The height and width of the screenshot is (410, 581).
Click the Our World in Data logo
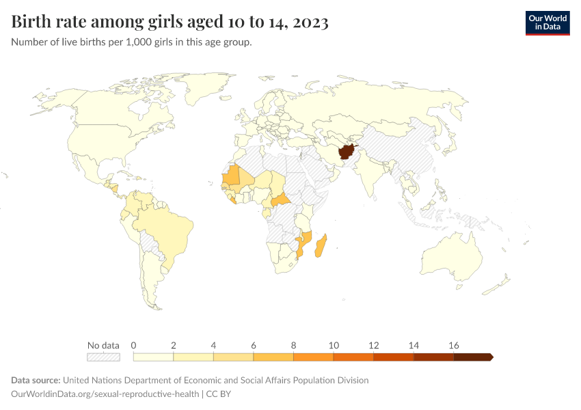[x=547, y=23]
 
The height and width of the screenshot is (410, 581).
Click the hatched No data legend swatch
[x=103, y=357]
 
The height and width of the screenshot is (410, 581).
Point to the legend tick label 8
[x=293, y=344]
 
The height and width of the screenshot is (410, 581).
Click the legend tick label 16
[x=453, y=344]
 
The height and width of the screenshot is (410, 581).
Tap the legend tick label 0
[x=134, y=344]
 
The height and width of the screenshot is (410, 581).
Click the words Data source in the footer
[x=36, y=380]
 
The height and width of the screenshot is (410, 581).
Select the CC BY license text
[x=223, y=394]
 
